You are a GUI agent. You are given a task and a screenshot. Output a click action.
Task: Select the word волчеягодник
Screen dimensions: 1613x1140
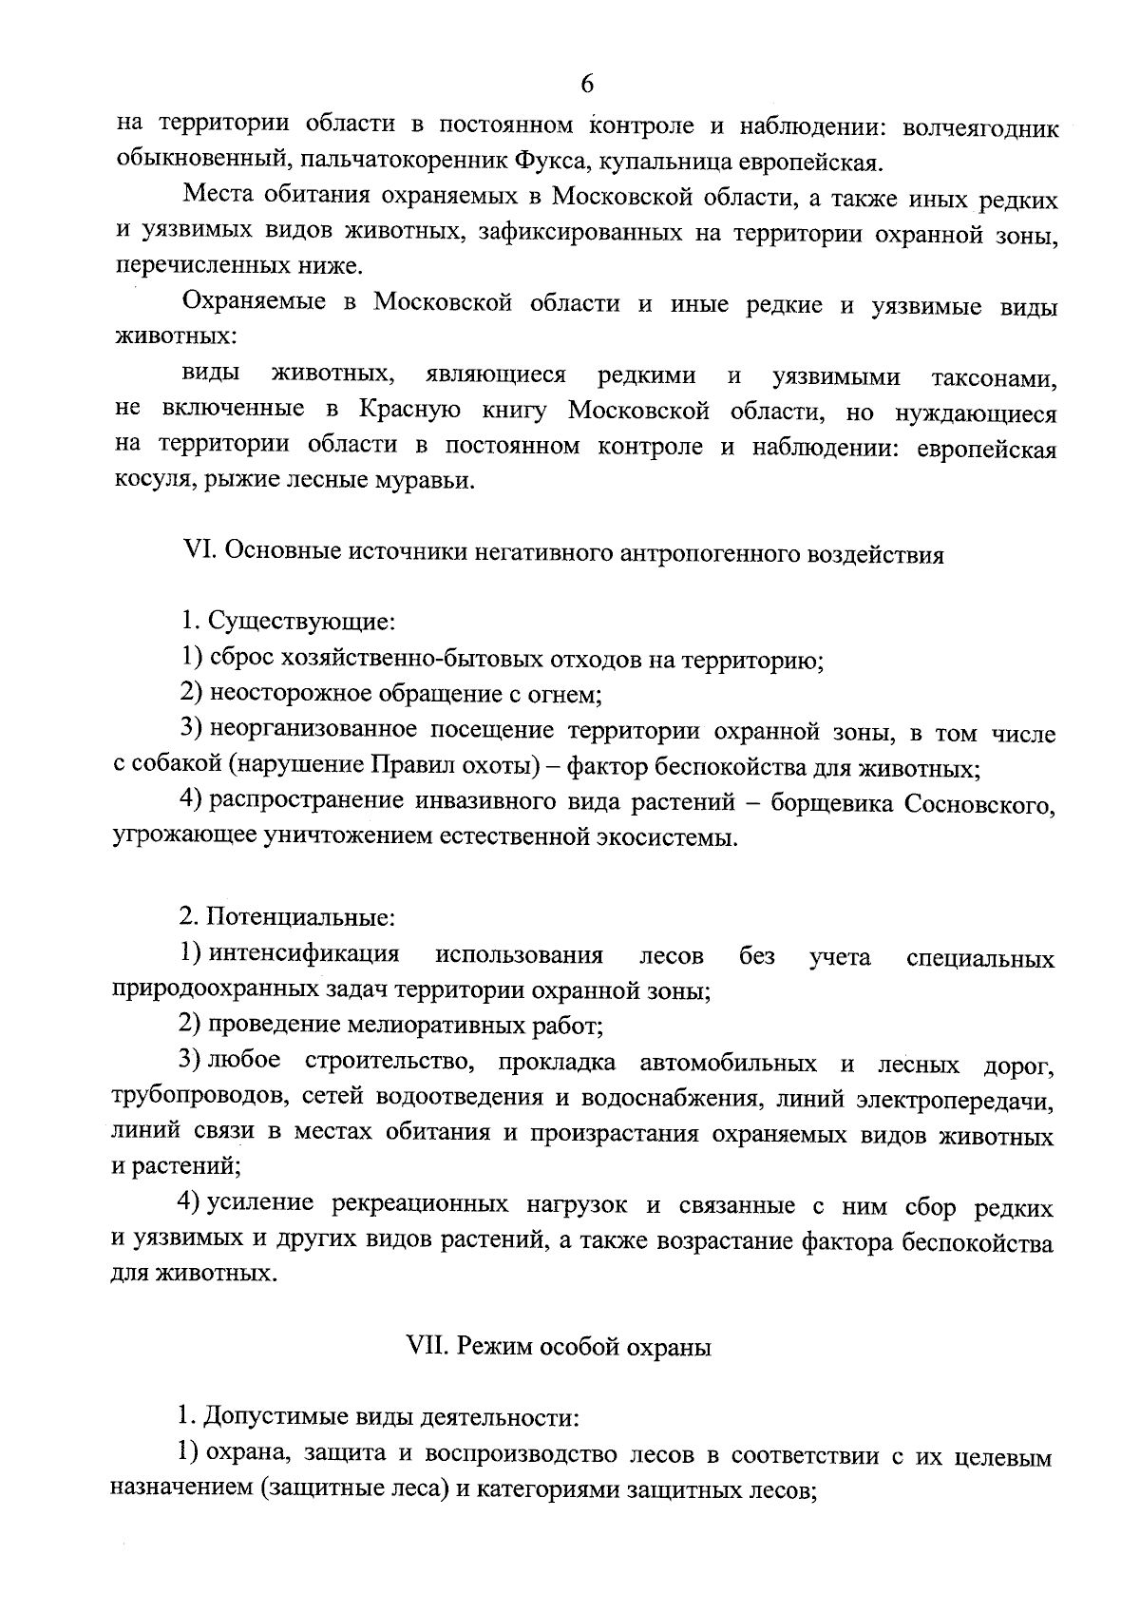point(979,128)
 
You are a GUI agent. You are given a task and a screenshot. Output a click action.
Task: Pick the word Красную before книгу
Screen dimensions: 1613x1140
point(409,413)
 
